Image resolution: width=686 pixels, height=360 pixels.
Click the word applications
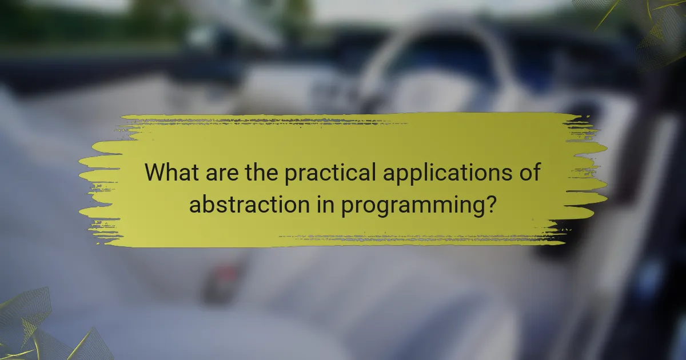pos(446,173)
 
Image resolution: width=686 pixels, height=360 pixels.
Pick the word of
pos(528,172)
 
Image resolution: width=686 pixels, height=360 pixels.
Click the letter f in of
pos(535,171)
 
